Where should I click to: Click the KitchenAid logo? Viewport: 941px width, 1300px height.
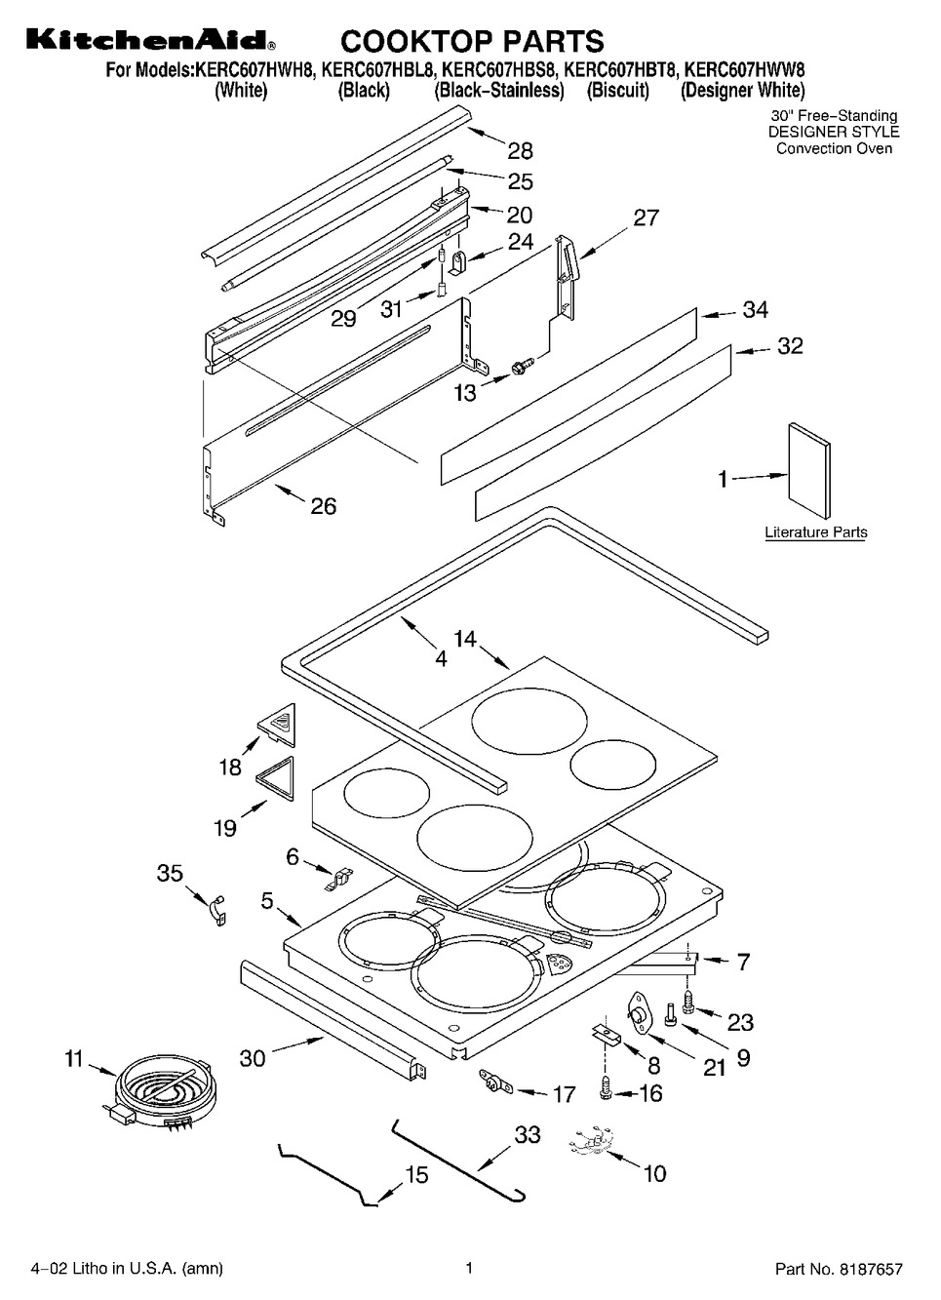(151, 41)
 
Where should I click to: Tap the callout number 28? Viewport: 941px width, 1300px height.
(520, 151)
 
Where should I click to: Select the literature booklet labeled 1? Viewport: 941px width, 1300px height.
(808, 469)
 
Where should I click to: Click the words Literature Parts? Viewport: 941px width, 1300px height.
(815, 532)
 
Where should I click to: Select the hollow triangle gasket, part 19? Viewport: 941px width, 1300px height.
(275, 779)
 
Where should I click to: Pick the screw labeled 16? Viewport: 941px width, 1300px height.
(605, 1093)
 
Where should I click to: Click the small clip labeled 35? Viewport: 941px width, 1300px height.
(218, 911)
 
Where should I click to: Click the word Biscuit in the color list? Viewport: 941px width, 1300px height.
(617, 91)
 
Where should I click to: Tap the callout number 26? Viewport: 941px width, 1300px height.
(323, 506)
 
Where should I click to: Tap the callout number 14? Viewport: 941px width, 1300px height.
(465, 639)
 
